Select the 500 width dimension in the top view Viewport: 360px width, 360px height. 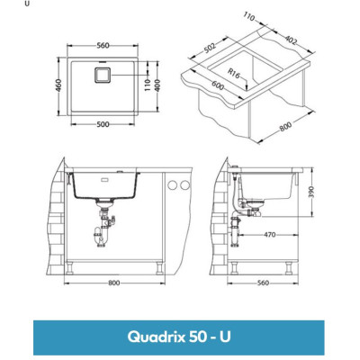point(104,123)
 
